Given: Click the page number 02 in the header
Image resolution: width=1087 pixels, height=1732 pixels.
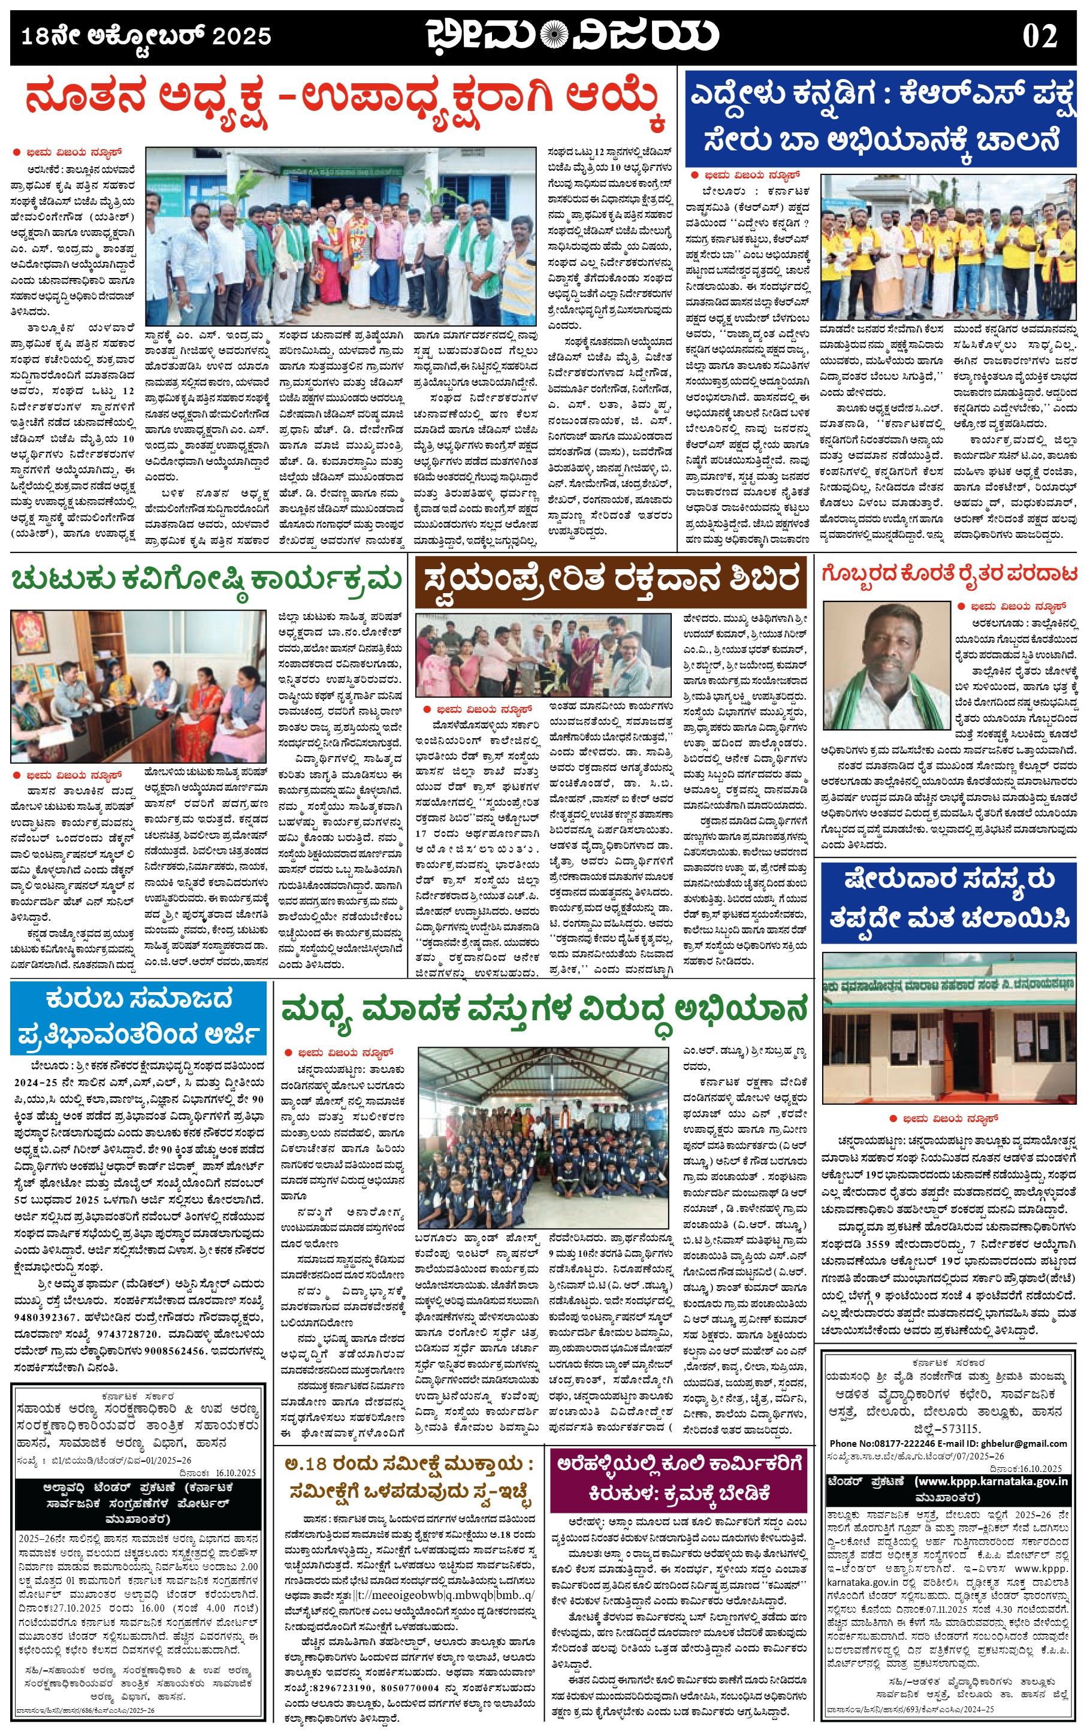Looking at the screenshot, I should (x=1040, y=37).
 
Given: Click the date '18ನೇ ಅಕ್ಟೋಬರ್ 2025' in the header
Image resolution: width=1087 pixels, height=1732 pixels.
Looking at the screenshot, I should (x=146, y=36).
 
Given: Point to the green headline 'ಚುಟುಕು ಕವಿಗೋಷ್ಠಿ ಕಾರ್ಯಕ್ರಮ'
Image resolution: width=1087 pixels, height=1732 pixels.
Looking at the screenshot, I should (x=206, y=579).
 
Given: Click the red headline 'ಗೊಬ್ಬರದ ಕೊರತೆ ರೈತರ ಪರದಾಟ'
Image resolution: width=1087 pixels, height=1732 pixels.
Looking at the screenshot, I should (x=949, y=574).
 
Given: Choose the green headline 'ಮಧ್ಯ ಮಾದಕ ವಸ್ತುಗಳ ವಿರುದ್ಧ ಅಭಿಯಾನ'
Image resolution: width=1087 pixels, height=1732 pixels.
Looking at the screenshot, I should (x=544, y=1009).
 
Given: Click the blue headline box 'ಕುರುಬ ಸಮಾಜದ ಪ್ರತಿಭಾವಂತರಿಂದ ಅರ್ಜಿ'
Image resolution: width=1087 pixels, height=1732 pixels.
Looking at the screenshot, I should (x=139, y=1018).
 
